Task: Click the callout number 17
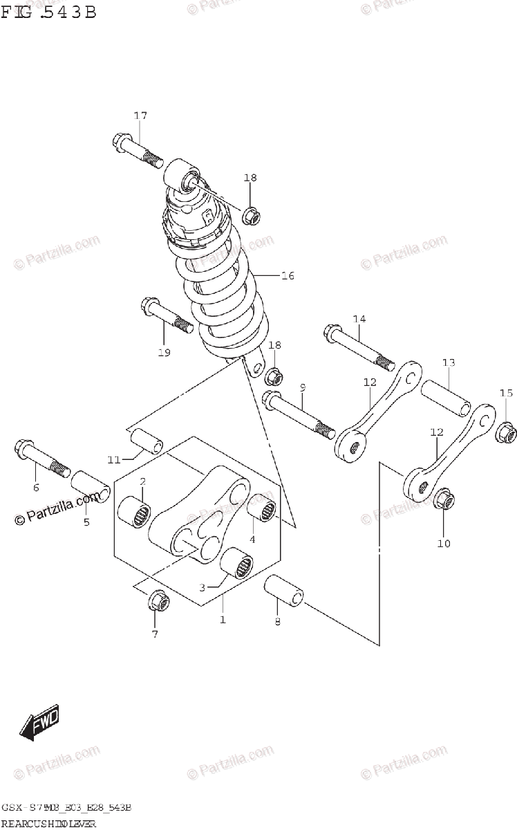point(140,116)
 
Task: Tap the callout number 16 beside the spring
point(288,276)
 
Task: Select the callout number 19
point(164,352)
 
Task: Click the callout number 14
point(358,319)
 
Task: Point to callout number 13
point(449,362)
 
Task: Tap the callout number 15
point(506,394)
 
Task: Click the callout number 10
point(443,543)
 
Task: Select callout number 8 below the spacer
point(276,622)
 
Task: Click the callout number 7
point(154,634)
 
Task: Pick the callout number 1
point(223,620)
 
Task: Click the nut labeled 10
point(444,499)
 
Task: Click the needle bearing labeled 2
point(135,515)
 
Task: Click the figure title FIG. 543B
point(48,12)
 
